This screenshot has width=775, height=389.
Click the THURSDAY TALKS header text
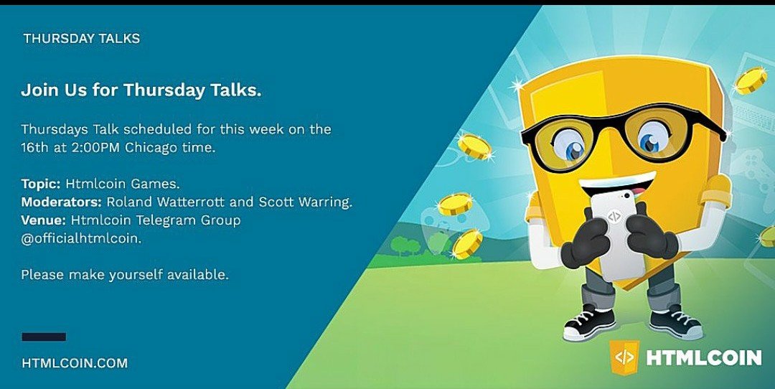click(82, 39)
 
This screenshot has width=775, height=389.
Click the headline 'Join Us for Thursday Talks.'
click(141, 90)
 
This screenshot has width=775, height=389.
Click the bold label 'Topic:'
click(40, 184)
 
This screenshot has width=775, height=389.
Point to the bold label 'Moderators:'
click(62, 202)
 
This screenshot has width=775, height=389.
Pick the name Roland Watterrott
click(173, 202)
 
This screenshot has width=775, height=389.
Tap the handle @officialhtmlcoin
click(82, 238)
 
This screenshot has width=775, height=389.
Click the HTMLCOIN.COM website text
click(75, 363)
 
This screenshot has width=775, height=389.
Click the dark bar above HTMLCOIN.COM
click(44, 337)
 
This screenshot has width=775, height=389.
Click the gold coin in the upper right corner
click(751, 80)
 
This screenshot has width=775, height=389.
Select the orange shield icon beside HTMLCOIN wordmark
click(624, 357)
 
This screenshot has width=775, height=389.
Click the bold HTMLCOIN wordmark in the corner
click(704, 357)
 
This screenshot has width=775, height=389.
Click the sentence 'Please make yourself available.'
click(125, 275)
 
